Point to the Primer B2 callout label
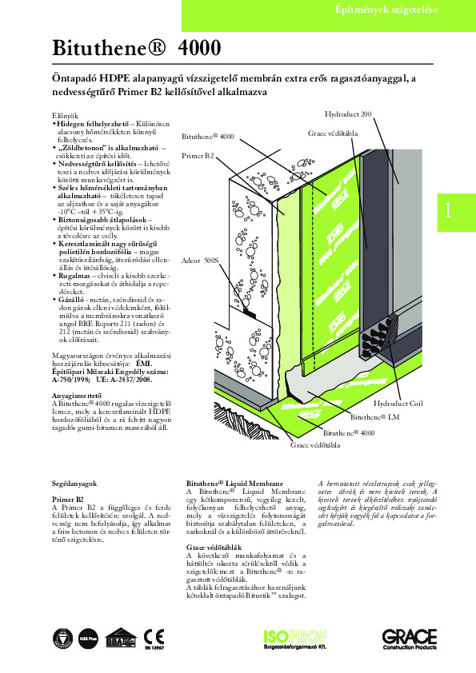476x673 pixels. pyautogui.click(x=198, y=153)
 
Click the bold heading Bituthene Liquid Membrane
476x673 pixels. pyautogui.click(x=234, y=484)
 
